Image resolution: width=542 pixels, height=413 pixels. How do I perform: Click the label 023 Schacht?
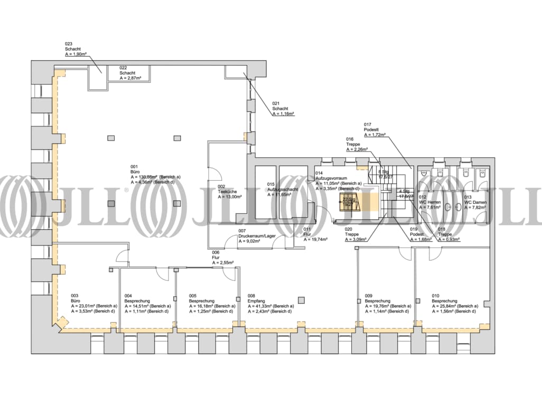(74, 49)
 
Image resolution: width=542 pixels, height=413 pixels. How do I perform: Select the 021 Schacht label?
(282, 108)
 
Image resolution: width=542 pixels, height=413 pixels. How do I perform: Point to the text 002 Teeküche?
(229, 191)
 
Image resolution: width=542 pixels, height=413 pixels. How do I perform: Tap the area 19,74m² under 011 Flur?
(315, 239)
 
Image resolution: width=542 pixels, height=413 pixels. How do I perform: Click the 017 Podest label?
(375, 129)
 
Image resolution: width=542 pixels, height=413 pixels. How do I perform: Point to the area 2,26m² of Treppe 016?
(357, 149)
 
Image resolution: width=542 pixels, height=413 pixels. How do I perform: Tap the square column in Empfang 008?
(301, 301)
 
